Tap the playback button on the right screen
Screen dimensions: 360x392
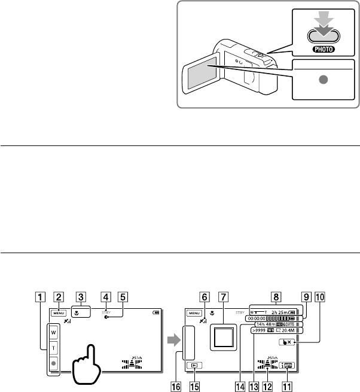[x=192, y=364]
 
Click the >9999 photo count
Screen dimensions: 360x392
[x=258, y=330]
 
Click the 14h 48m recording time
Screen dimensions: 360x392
[x=264, y=324]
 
